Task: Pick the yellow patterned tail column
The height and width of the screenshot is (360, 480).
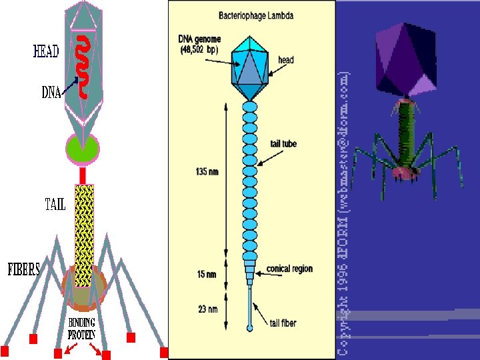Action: click(84, 233)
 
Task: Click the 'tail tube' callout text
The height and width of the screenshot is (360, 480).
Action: click(284, 143)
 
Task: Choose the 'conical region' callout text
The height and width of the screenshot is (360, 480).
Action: click(289, 269)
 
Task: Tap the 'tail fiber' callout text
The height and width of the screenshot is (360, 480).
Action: click(283, 323)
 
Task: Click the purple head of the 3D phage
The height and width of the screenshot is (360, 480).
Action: click(405, 58)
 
